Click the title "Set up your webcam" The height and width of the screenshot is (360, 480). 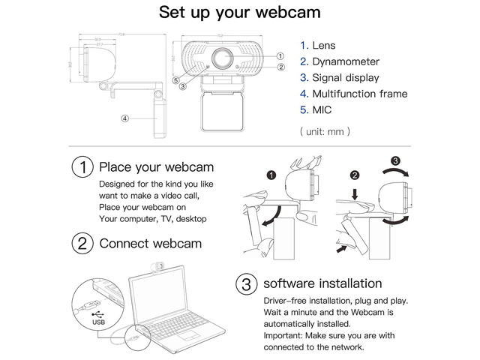[240, 13]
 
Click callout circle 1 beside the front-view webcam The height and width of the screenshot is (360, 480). [280, 55]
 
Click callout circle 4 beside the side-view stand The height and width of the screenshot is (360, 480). [125, 118]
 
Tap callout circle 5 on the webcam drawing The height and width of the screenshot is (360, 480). [175, 79]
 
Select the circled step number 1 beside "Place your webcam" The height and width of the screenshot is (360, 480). [82, 167]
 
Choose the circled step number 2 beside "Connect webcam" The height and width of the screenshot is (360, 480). [82, 243]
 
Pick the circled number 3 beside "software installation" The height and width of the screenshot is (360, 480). [246, 284]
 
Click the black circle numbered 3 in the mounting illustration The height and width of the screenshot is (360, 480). [396, 159]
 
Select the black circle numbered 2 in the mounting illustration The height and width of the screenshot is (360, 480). [355, 175]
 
